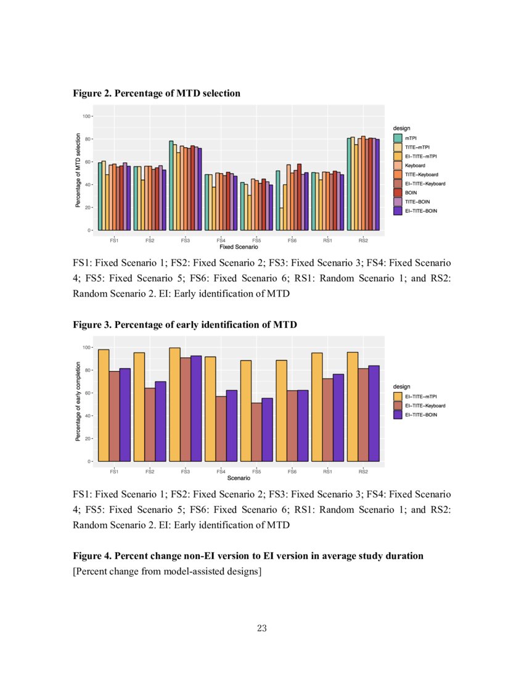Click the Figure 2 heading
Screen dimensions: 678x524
(157, 93)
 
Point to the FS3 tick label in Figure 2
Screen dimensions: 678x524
(185, 240)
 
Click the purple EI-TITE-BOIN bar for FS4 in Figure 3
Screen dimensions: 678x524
(232, 425)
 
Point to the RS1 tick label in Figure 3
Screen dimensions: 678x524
(327, 472)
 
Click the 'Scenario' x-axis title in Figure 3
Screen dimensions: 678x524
(239, 478)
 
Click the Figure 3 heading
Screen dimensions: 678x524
(185, 325)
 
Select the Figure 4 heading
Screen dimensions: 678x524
(248, 556)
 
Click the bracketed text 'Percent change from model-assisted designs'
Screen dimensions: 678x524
(167, 571)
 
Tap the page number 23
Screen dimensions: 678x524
(261, 629)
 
